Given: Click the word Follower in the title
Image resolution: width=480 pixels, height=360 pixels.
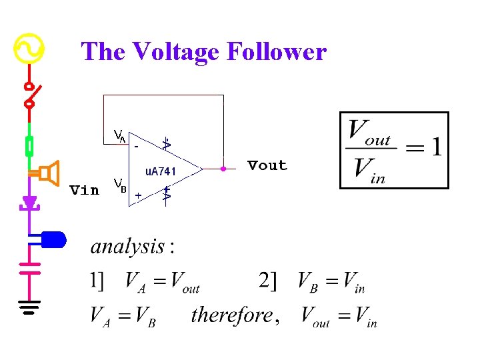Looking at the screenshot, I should [x=276, y=51].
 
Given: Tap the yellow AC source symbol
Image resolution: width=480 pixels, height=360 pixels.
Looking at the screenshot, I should [x=29, y=48].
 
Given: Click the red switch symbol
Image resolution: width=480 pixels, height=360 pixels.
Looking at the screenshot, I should [x=29, y=95].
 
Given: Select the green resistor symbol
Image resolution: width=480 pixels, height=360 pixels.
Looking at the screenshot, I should [x=29, y=145].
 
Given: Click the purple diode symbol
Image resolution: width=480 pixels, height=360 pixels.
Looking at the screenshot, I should [x=29, y=201].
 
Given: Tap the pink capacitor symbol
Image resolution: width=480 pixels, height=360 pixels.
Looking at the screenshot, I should [x=29, y=267].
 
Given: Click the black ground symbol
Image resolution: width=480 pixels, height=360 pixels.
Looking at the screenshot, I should [x=29, y=307].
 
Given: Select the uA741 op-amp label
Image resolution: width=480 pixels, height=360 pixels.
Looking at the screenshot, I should [x=161, y=171].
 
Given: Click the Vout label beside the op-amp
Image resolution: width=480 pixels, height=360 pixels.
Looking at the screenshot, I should [x=267, y=165].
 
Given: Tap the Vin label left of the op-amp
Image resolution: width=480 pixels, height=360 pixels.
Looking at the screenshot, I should [x=85, y=190].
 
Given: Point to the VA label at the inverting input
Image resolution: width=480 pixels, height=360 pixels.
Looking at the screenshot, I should [x=119, y=137].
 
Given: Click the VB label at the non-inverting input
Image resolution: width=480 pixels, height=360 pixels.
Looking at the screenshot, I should [x=120, y=183].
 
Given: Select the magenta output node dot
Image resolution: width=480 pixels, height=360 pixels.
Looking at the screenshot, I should [x=223, y=169].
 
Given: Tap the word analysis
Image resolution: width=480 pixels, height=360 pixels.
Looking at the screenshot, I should [x=128, y=247].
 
